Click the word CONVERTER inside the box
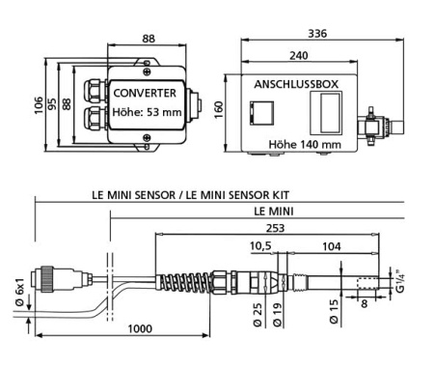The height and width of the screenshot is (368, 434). [145, 94]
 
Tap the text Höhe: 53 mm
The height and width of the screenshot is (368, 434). [145, 111]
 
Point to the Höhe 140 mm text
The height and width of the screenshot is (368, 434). [307, 145]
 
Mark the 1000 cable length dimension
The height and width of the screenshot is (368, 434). [140, 329]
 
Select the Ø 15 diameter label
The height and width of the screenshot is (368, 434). [334, 312]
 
